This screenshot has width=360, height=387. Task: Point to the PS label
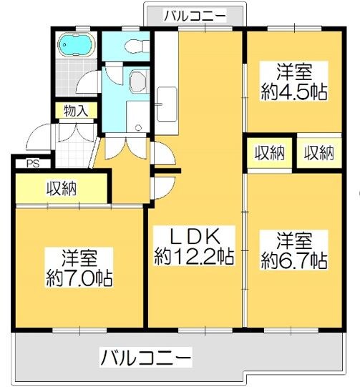pos(32,163)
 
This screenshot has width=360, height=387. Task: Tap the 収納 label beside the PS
pos(62,189)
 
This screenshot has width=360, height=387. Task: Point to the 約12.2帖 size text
pos(194,255)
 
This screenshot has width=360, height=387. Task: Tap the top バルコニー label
pos(195,14)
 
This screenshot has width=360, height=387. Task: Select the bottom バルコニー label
pos(146,356)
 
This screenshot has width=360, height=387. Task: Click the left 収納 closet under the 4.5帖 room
pos(269,152)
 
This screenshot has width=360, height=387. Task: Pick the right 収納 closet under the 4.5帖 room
pos(318,152)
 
